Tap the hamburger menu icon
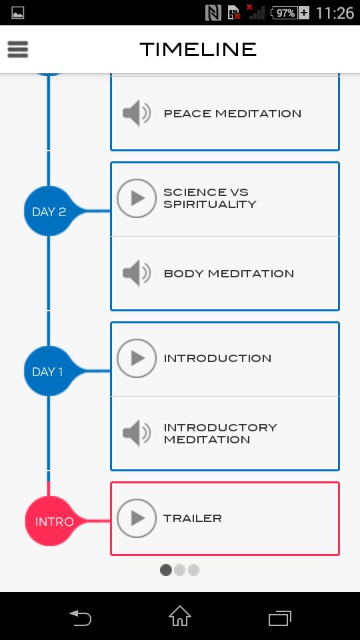pos(18,49)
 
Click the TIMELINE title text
pos(198,49)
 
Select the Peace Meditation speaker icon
pos(137,113)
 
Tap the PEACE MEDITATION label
pos(232,113)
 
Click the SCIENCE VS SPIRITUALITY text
pos(209,199)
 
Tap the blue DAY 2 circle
pos(49,212)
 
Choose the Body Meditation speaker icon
pos(137,273)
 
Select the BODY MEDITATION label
pos(229,273)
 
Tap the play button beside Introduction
pos(137,359)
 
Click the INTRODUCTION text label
pos(217,359)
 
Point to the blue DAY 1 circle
pos(49,372)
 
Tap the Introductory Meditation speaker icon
pos(137,433)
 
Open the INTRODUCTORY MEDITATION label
pos(220,433)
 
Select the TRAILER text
pos(193,519)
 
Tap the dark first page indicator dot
pos(166,570)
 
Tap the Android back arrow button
pos(80,617)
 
